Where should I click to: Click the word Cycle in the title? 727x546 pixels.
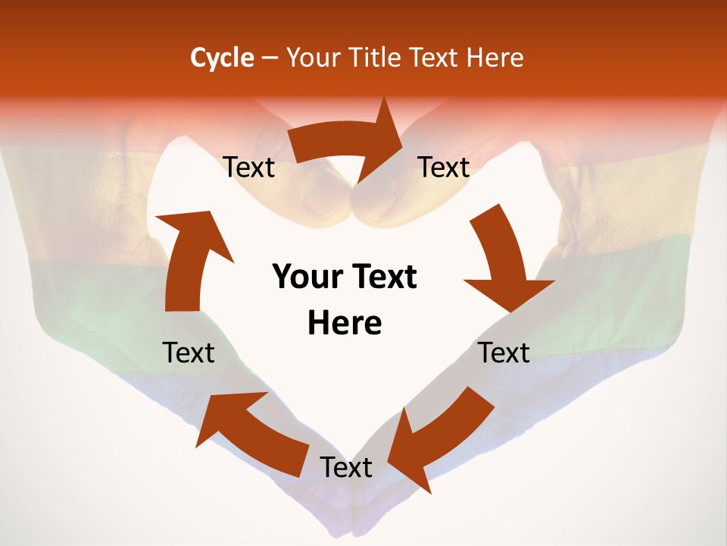(222, 58)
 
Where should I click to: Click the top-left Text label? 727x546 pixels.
(248, 168)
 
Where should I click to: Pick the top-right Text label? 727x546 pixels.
(444, 168)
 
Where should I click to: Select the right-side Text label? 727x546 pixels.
(504, 353)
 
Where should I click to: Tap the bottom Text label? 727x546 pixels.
(346, 467)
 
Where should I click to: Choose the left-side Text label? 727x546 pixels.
(189, 353)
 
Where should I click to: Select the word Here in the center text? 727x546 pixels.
(345, 323)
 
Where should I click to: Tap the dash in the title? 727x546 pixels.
(270, 58)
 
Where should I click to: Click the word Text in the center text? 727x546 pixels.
(382, 278)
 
